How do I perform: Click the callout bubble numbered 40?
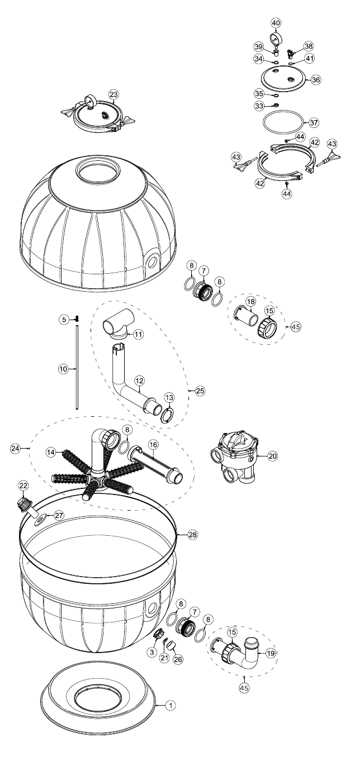pos(276,23)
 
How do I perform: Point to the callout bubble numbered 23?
pos(113,94)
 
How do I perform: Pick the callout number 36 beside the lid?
pos(316,79)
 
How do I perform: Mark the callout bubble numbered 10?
pos(63,369)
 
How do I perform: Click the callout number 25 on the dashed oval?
pos(200,391)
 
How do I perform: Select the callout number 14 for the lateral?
pos(51,453)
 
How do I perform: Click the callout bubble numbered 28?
pos(193,534)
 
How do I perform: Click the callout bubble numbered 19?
pos(271,653)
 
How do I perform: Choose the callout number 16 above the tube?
pos(153,445)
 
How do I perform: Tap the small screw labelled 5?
pos(77,319)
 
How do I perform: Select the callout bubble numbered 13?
pos(169,397)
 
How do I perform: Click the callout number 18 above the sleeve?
pos(251,302)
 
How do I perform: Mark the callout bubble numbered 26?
pos(178,659)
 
